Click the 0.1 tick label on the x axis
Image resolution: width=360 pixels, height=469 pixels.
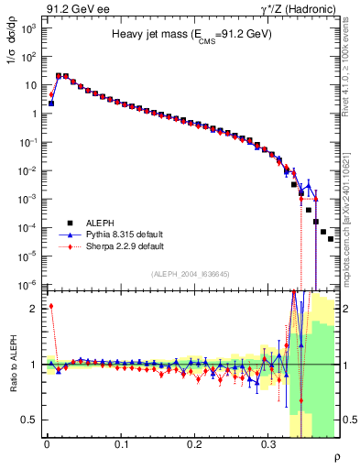(x=120, y=442)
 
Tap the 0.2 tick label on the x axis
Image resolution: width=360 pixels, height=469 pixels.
(x=194, y=442)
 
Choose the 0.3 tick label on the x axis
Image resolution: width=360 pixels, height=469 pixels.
(x=268, y=442)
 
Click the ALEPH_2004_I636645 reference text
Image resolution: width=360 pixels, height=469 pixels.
(x=191, y=275)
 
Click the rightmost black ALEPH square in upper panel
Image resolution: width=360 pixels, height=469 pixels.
(x=331, y=239)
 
